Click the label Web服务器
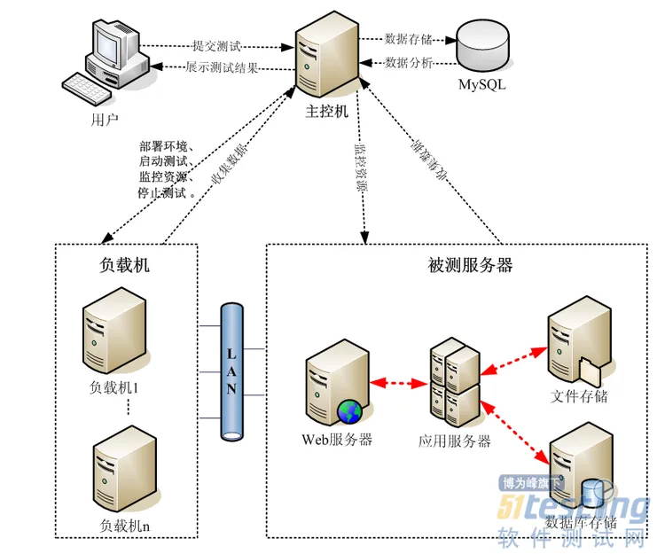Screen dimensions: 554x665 coord(336,441)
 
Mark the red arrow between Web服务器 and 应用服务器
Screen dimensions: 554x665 coord(398,384)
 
